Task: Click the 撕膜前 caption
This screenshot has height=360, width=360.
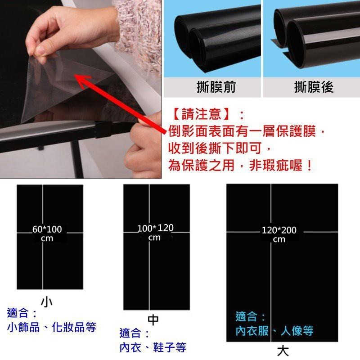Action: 216,87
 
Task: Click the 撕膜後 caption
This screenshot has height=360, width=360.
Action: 314,87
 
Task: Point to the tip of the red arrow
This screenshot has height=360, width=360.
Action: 76,77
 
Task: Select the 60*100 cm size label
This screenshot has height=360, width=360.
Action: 47,234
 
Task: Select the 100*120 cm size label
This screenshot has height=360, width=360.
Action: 155,232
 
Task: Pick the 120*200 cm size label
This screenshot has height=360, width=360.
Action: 279,234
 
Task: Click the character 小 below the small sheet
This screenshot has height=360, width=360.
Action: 46,301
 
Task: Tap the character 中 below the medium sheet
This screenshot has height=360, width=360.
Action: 153,319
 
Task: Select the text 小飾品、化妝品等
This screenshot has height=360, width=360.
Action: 52,327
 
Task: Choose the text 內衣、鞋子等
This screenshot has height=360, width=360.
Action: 153,347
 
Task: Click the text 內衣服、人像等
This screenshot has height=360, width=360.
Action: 274,332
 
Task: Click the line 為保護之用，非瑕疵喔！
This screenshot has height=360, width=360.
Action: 241,165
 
